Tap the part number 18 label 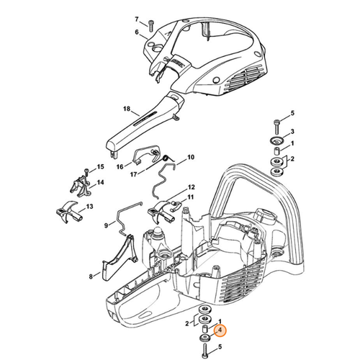coord(127,109)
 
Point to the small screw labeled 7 coord(151,25)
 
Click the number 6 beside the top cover coord(137,32)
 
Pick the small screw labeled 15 coord(86,173)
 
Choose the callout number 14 coord(101,183)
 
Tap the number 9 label coord(106,225)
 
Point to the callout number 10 coord(191,157)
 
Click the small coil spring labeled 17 coord(165,159)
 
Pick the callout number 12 coord(190,186)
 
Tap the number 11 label coord(190,197)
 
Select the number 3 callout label coord(292,132)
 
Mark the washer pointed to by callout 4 coord(204,335)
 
